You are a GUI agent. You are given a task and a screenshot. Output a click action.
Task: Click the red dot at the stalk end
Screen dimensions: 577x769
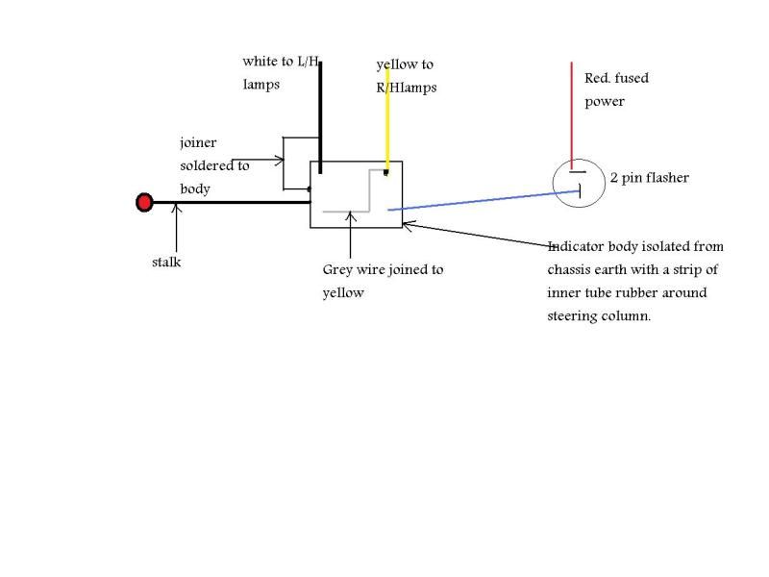(144, 202)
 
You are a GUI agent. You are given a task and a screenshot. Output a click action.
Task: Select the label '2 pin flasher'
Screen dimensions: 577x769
(649, 178)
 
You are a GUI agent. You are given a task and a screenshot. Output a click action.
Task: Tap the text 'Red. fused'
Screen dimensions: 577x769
(616, 78)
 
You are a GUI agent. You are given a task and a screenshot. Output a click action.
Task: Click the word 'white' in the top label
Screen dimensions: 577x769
(260, 62)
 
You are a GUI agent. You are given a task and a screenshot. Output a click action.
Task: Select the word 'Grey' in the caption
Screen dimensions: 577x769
(339, 269)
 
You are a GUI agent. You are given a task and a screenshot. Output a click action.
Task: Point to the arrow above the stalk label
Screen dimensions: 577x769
(176, 226)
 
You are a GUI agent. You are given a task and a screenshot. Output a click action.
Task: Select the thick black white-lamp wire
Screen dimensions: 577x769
(320, 115)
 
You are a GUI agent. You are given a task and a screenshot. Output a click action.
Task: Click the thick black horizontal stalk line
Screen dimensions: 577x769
(231, 202)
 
